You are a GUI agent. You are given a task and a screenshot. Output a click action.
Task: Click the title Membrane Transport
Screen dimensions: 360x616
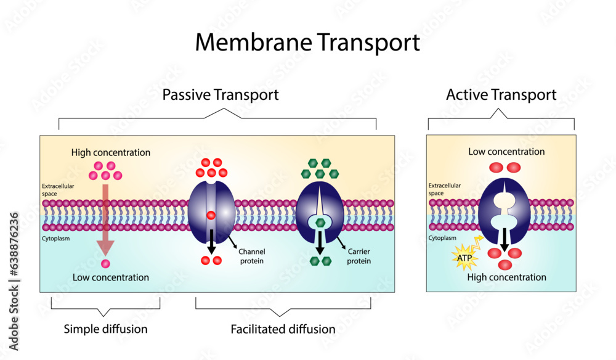307,43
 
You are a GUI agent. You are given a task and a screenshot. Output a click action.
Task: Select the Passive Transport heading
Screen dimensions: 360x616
220,95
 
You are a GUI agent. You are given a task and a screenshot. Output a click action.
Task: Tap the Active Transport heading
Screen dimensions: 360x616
501,95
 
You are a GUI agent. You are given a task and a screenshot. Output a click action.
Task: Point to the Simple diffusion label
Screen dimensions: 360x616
105,329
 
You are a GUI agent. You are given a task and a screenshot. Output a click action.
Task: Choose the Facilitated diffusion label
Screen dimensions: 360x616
283,329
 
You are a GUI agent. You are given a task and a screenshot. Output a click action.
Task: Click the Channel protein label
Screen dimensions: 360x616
251,256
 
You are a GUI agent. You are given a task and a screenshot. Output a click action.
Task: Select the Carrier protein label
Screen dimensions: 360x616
359,256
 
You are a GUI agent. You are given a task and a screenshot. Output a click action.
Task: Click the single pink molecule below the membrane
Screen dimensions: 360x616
105,264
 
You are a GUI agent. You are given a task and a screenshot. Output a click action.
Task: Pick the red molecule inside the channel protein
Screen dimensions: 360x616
211,216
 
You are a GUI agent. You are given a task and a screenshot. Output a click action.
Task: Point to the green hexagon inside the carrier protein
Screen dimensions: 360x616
320,223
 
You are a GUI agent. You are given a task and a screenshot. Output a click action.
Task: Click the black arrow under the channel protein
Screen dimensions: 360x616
211,240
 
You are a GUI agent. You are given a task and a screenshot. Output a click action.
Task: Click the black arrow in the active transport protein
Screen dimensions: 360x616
504,239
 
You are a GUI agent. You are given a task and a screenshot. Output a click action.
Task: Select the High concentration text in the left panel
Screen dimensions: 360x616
110,152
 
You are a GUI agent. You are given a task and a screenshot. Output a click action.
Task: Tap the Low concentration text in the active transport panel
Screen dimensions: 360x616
506,152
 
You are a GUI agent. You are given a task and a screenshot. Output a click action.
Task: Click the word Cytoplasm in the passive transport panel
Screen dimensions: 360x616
55,236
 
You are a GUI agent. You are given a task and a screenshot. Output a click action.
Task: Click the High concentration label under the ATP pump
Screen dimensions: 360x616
506,277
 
